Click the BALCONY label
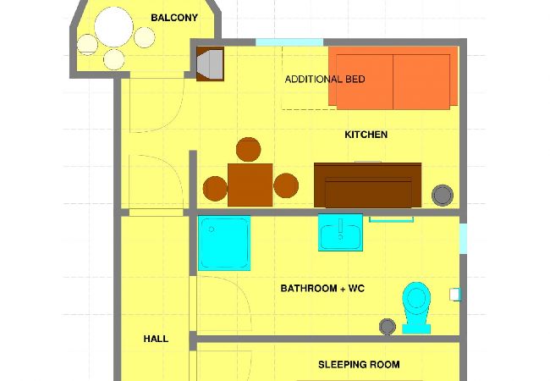coord(174,18)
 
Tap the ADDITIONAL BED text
coord(325,80)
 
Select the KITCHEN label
coord(366,135)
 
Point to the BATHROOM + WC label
coord(322,289)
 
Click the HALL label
coord(156,339)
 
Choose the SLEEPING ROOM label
coord(359,365)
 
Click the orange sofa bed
coord(393,77)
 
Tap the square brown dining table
coord(250,185)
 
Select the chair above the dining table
coord(248,150)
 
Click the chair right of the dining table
coord(286,185)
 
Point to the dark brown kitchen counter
coord(367,185)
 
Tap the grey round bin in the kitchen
coord(442,195)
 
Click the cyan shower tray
coord(224,243)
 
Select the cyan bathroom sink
coord(340,233)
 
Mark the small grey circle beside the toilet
coord(388,326)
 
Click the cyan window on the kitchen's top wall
coord(289,41)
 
